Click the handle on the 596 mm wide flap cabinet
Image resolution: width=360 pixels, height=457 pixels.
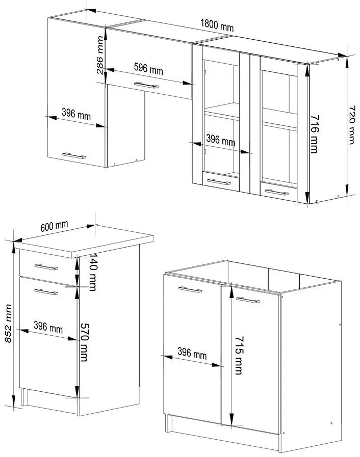pyautogui.click(x=146, y=85)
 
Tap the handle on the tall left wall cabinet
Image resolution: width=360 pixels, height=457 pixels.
pyautogui.click(x=74, y=155)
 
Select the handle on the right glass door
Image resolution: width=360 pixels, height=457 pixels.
pyautogui.click(x=274, y=192)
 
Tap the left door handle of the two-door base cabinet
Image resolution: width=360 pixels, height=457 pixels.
pyautogui.click(x=190, y=289)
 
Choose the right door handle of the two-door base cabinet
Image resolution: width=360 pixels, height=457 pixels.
pyautogui.click(x=248, y=301)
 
